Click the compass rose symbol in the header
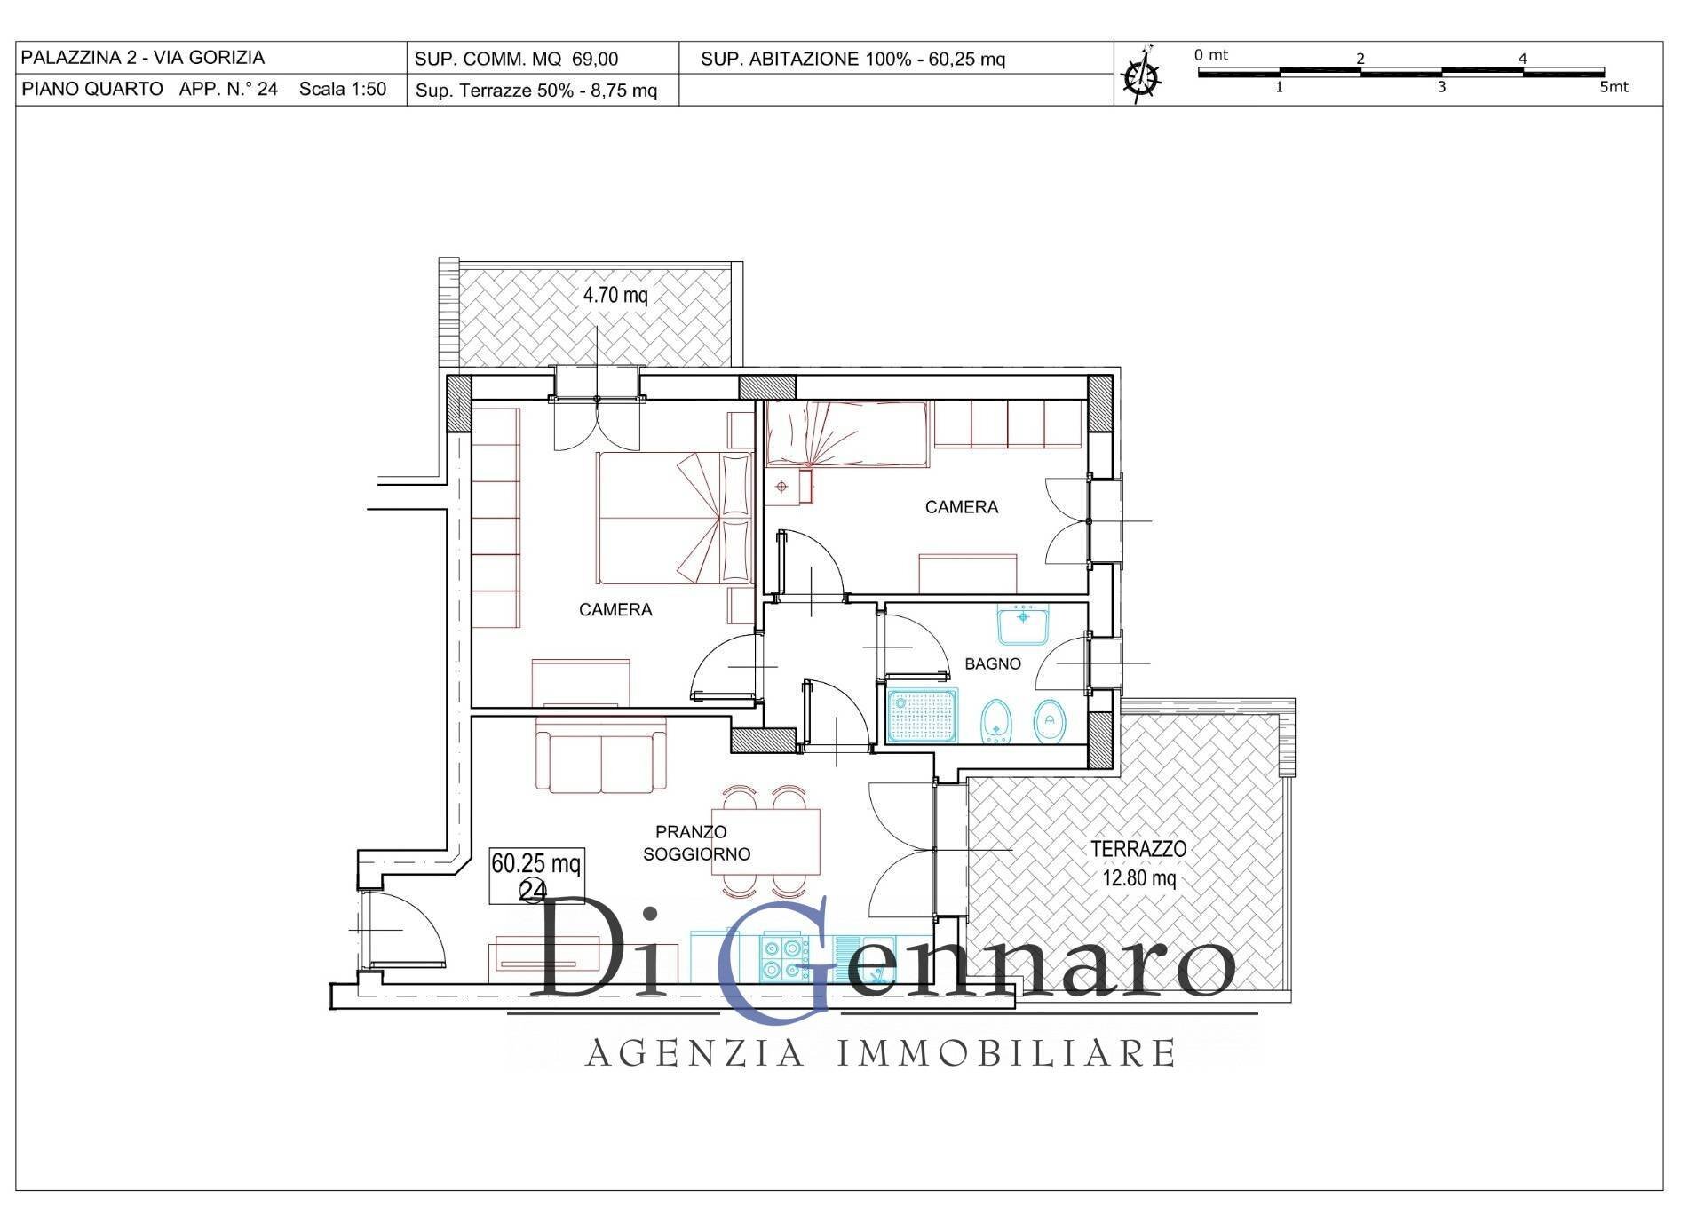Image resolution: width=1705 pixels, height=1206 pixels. pyautogui.click(x=1142, y=75)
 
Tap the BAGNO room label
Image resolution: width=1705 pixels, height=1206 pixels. pyautogui.click(x=993, y=663)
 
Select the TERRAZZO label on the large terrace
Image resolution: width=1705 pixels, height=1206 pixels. pyautogui.click(x=1138, y=849)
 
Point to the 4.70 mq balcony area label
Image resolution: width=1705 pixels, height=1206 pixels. pyautogui.click(x=615, y=295)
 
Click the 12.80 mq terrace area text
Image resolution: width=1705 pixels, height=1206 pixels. pyautogui.click(x=1139, y=878)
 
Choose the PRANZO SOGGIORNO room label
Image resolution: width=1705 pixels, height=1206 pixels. pyautogui.click(x=696, y=843)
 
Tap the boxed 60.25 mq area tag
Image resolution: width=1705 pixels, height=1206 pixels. pyautogui.click(x=536, y=876)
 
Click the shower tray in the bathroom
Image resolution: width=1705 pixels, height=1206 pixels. pyautogui.click(x=922, y=715)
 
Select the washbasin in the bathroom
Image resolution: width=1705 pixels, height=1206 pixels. pyautogui.click(x=1023, y=623)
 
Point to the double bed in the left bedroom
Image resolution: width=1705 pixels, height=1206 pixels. pyautogui.click(x=675, y=519)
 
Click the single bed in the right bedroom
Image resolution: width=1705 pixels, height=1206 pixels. pyautogui.click(x=848, y=433)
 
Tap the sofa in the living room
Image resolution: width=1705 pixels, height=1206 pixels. pyautogui.click(x=601, y=755)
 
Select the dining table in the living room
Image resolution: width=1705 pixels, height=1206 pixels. pyautogui.click(x=765, y=841)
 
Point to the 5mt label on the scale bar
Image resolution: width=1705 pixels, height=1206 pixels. pyautogui.click(x=1614, y=87)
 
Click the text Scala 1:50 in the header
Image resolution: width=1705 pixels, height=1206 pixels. pyautogui.click(x=343, y=89)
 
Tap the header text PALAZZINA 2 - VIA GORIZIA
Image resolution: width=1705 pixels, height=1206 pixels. pyautogui.click(x=143, y=58)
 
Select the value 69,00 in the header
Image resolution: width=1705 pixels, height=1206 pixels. pyautogui.click(x=595, y=60)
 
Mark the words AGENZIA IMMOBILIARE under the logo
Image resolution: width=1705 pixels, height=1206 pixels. pyautogui.click(x=881, y=1053)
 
